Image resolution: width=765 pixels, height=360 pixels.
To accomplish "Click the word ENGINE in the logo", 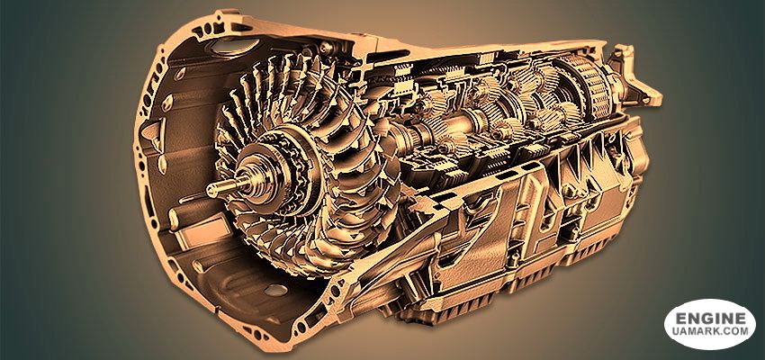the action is tap(711, 319).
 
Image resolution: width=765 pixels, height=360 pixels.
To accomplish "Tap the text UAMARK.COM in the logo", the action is tap(711, 331).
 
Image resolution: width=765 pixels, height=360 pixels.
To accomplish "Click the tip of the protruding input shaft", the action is tap(210, 191).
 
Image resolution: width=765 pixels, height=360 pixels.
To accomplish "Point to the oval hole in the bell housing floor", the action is tap(275, 291).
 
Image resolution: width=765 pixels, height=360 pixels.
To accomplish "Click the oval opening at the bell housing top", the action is tap(229, 46).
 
